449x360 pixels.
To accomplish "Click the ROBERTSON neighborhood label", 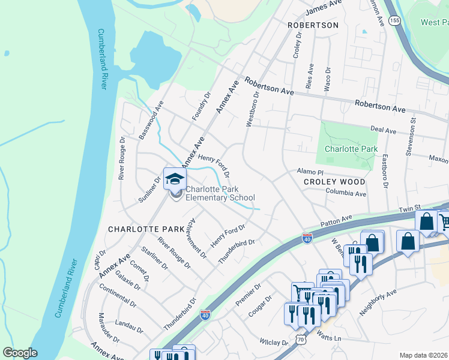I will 313,25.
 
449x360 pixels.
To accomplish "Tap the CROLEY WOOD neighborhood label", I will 334,181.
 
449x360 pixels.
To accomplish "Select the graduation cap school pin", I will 175,179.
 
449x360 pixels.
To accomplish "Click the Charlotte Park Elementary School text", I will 220,193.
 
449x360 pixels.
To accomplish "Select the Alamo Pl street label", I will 310,172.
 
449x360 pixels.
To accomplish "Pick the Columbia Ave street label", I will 346,194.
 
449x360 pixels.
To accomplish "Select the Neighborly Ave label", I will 378,303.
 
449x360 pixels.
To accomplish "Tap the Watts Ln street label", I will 328,338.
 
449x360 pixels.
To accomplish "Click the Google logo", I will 20,353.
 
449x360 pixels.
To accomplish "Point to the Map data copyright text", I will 423,355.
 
